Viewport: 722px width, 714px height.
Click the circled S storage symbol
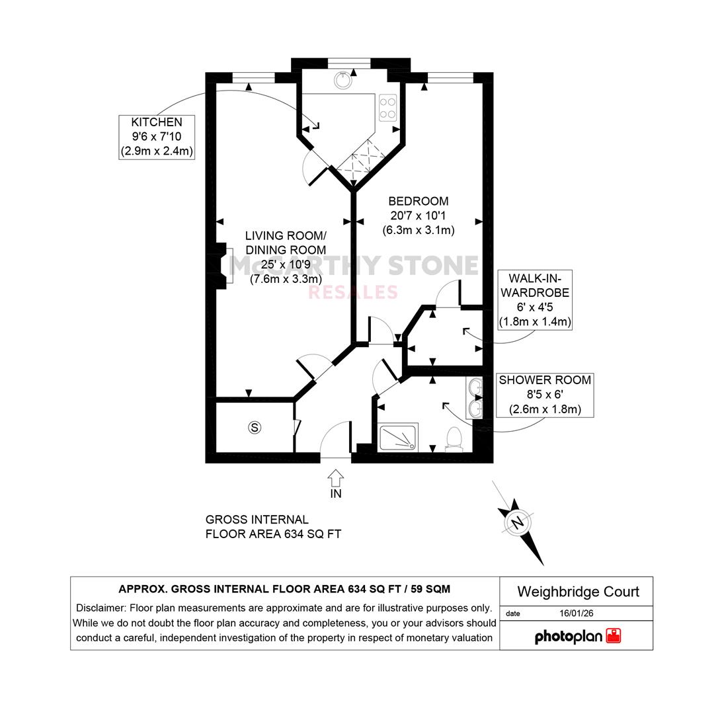coord(255,428)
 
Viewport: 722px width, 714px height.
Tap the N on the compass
coord(518,523)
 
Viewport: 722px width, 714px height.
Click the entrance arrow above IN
coord(336,478)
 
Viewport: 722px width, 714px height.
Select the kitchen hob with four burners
coord(387,108)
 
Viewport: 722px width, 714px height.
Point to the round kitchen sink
coord(343,80)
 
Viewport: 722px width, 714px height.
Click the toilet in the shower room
coord(454,439)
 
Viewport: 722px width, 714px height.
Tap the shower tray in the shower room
coord(398,437)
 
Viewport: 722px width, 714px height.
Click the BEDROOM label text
coord(418,201)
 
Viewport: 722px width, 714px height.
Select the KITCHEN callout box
coord(157,138)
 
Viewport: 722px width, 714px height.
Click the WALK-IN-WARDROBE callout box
coord(535,300)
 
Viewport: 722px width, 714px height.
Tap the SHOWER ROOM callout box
coord(545,395)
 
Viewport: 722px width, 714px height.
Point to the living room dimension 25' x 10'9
coord(286,264)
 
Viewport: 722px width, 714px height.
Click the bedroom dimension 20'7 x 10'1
coord(418,216)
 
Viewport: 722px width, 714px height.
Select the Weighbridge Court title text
coord(579,592)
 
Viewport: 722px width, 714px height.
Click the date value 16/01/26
coord(577,614)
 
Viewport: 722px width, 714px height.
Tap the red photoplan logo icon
coord(614,636)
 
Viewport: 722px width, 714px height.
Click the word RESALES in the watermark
coord(352,292)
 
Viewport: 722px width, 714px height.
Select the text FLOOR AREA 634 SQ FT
coord(273,534)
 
